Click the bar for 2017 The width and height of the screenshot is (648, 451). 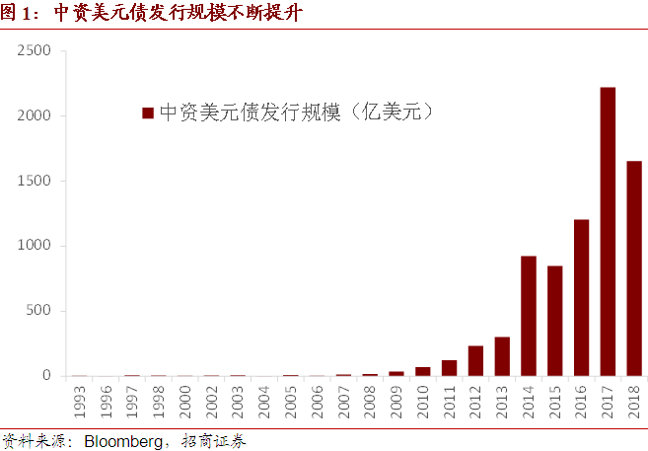tap(608, 232)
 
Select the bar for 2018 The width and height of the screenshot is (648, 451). tap(634, 268)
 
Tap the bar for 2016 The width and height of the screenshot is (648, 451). tap(581, 297)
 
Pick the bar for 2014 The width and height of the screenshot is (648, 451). tap(529, 316)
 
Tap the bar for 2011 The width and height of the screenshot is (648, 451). tap(449, 368)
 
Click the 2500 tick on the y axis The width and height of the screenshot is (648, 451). tap(34, 50)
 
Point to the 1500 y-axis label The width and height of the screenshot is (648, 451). tap(34, 181)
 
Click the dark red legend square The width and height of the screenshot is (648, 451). tap(148, 113)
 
